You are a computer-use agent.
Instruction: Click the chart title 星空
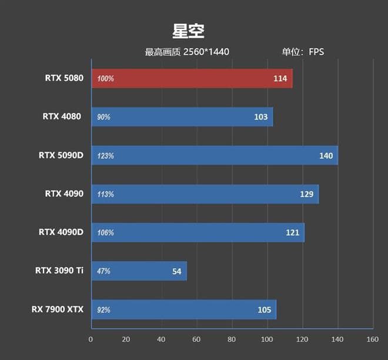point(188,31)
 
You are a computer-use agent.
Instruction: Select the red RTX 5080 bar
point(191,78)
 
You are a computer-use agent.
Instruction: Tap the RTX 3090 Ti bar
point(139,271)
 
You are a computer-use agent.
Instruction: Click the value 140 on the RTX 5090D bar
point(326,156)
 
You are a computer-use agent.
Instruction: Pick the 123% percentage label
point(106,156)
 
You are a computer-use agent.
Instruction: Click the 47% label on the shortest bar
point(104,271)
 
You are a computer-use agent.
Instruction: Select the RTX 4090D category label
point(61,232)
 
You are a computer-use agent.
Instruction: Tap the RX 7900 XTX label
point(58,309)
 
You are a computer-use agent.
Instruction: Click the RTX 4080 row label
point(62,116)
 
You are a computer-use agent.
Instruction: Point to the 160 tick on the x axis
point(373,339)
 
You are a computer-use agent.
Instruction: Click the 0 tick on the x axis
point(91,339)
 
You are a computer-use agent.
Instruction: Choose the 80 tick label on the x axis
point(232,339)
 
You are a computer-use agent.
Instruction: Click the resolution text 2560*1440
point(206,52)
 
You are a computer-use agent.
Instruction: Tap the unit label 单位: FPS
point(303,52)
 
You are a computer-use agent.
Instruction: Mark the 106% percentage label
point(106,233)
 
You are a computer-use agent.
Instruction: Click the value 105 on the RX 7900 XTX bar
point(264,310)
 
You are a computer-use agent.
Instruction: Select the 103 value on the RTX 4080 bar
point(261,117)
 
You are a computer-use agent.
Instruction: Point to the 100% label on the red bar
point(106,79)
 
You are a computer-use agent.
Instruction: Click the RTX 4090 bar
point(205,194)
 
